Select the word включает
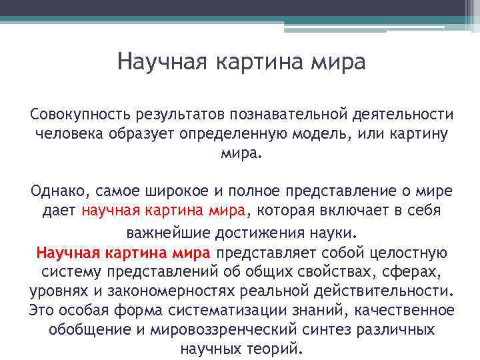coord(346,211)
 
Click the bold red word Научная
coord(68,253)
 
